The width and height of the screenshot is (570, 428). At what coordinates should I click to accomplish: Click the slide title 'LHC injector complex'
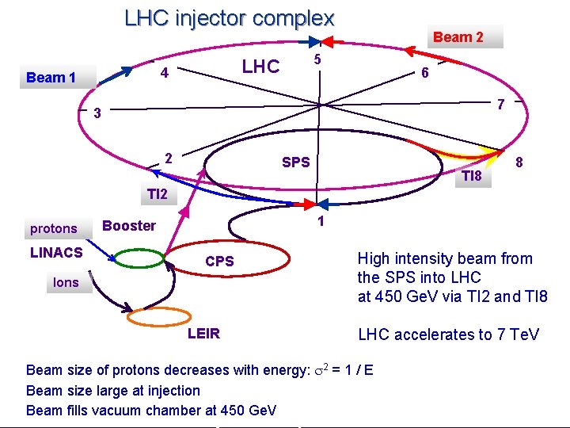(230, 18)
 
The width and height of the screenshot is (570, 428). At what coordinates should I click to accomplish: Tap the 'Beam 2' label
(458, 36)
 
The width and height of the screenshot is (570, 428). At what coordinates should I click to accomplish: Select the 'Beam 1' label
(51, 77)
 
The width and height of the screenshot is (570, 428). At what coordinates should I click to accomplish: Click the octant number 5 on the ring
(317, 60)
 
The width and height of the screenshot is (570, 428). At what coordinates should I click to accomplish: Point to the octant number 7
(500, 104)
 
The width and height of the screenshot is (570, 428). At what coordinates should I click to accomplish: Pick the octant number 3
(97, 113)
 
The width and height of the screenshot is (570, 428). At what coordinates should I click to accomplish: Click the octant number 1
(321, 221)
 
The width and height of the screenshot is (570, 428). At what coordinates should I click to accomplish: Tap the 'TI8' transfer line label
(471, 175)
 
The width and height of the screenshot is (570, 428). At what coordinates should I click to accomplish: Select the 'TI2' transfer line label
(157, 194)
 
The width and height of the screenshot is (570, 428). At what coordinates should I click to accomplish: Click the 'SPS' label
(296, 162)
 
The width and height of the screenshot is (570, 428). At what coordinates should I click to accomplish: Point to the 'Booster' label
(129, 225)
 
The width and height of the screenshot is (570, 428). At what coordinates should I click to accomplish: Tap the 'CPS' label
(219, 262)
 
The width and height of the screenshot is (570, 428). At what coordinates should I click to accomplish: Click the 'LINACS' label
(56, 253)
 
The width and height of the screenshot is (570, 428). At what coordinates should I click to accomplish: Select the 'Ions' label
(66, 282)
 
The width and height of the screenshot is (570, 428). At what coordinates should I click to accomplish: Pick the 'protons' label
(54, 229)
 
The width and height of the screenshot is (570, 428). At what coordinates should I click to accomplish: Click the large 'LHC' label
(260, 67)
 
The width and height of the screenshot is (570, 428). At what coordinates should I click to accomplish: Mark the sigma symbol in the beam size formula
(320, 371)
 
